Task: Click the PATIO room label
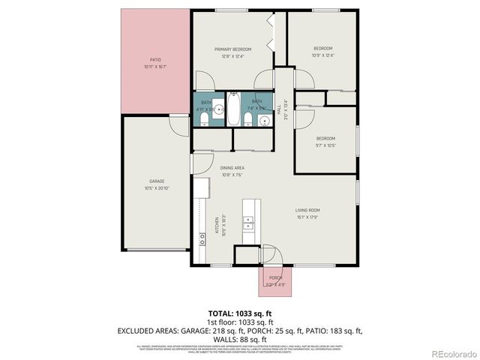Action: tap(155, 59)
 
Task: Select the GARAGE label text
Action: tap(157, 181)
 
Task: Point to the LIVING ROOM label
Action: tap(307, 210)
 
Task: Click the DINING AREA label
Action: tap(232, 168)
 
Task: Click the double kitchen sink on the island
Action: tap(248, 222)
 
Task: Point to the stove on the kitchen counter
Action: tap(202, 238)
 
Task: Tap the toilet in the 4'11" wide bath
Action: tap(219, 110)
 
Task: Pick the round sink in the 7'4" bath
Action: tap(263, 120)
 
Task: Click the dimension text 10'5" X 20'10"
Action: tap(157, 187)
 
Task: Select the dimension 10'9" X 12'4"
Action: tap(322, 55)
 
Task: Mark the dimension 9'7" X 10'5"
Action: tap(325, 145)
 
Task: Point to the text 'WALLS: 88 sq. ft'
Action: tap(239, 338)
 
